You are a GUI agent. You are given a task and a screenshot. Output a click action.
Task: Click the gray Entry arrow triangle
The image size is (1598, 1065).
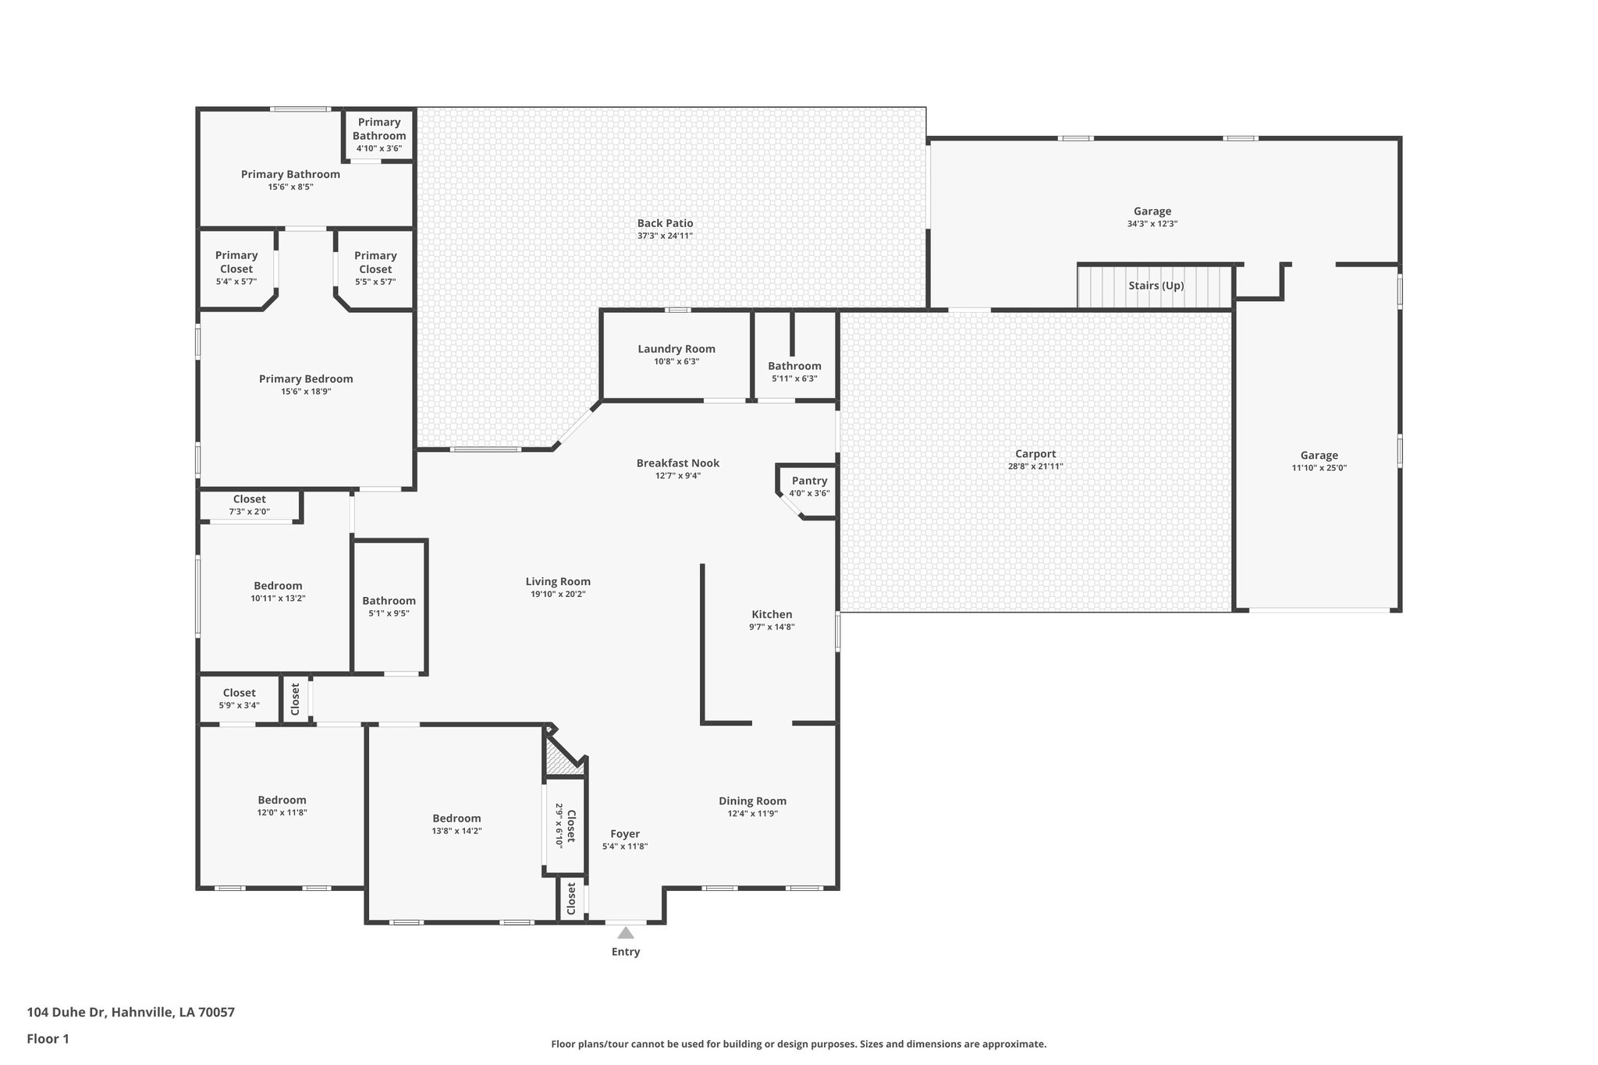click(626, 932)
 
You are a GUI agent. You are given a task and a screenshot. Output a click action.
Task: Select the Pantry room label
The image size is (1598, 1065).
click(809, 481)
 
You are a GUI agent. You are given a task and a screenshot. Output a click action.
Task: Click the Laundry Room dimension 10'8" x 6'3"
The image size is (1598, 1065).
click(676, 362)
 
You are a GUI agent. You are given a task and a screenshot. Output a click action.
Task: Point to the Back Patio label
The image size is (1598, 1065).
click(665, 223)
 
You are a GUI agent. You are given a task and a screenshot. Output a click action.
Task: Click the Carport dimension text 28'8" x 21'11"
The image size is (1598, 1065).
click(1035, 467)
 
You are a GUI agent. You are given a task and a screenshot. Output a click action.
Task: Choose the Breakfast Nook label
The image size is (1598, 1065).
click(677, 463)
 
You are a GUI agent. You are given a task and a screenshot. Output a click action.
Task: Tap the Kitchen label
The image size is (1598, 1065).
click(772, 614)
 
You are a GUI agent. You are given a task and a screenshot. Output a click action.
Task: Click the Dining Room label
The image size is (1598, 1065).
click(752, 801)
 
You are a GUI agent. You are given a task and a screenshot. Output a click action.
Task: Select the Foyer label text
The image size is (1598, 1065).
click(625, 833)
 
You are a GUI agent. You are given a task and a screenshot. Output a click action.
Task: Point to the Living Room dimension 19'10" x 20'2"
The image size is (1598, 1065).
click(557, 595)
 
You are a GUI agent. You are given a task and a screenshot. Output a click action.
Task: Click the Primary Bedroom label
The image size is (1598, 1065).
click(306, 378)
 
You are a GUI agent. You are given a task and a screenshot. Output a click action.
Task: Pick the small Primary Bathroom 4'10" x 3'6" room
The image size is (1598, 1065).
click(379, 134)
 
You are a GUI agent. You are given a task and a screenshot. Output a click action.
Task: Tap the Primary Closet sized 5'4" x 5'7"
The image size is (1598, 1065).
click(236, 268)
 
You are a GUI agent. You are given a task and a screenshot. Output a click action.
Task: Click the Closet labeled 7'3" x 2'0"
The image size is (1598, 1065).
click(250, 505)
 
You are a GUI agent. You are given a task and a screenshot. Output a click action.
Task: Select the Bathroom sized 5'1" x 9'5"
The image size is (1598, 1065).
click(389, 606)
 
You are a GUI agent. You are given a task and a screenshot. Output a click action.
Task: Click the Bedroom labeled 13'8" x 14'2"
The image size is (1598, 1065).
click(456, 824)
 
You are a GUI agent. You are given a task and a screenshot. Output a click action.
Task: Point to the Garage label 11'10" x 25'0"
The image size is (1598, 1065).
click(1319, 461)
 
